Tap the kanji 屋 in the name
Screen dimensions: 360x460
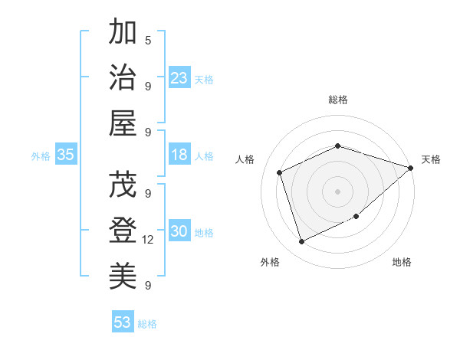coord(123,123)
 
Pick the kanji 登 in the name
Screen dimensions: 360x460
coord(123,231)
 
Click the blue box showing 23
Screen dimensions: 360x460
coord(179,77)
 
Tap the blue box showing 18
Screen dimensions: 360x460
coord(179,155)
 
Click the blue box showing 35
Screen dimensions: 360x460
coord(66,155)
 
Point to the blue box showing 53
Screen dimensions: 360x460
coord(123,322)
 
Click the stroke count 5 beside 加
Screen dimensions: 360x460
coord(148,40)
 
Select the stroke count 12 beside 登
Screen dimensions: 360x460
coord(148,240)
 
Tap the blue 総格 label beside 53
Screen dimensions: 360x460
coord(147,324)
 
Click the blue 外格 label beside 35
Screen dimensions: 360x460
coord(41,156)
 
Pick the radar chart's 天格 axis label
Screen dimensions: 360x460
coord(431,159)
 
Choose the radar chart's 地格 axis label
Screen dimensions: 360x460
coord(402,263)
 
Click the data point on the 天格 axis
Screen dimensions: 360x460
coord(411,167)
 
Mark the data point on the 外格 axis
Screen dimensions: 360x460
coord(301,242)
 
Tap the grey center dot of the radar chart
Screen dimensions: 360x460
coord(337,191)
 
